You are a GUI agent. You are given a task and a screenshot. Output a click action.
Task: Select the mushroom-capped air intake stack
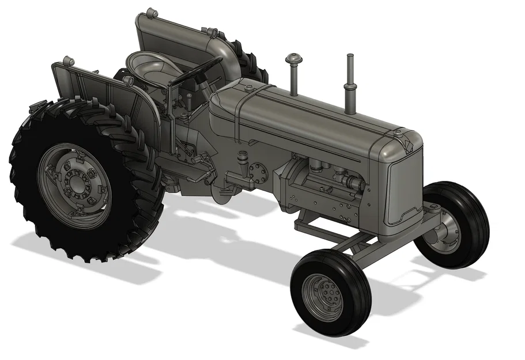[x=293, y=59]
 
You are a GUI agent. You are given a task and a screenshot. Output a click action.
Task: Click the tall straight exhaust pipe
[x=349, y=81]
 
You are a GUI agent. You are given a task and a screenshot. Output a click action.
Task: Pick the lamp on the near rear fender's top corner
[x=68, y=60]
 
